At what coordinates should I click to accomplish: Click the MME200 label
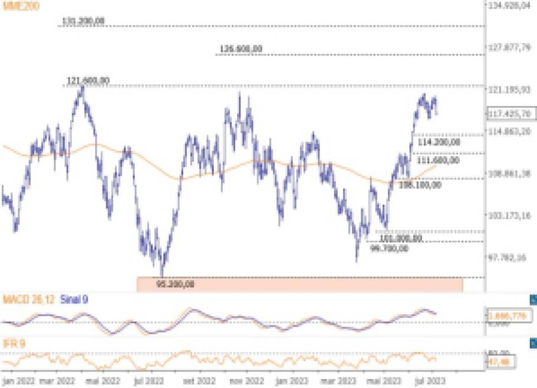19,8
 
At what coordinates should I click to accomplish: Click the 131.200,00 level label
83,21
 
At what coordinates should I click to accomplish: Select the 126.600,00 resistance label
241,49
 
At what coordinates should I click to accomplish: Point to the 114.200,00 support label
438,142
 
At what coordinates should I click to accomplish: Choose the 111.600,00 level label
438,160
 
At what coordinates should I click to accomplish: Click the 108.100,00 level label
420,185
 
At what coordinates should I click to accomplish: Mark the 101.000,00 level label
400,238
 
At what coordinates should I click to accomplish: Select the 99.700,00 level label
388,248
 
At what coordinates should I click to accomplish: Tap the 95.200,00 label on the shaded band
176,284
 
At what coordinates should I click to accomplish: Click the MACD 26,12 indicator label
29,300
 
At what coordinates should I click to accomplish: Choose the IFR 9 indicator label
14,343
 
